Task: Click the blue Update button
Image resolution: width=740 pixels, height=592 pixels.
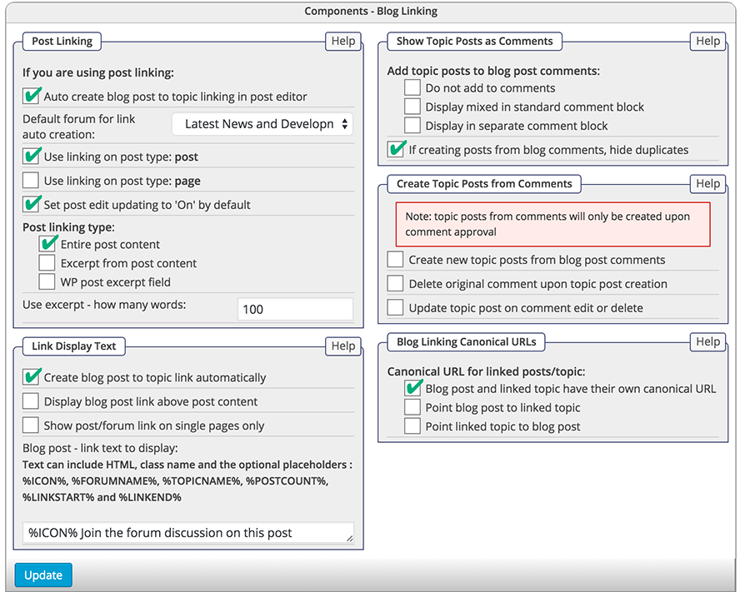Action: point(43,575)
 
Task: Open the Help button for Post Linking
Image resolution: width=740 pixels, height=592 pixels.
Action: point(343,41)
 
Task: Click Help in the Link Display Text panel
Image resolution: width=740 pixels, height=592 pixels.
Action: point(343,346)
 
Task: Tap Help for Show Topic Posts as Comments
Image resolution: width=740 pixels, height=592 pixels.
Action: point(707,41)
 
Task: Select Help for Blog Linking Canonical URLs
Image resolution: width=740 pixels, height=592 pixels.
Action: point(707,341)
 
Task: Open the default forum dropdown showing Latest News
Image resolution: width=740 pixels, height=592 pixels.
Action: point(262,124)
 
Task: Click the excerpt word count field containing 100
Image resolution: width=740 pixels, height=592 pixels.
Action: point(295,309)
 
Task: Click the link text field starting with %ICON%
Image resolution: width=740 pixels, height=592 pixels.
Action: point(187,533)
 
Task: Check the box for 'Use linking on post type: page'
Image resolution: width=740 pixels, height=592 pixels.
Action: point(31,180)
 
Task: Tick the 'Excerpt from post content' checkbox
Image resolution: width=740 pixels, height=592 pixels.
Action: point(47,263)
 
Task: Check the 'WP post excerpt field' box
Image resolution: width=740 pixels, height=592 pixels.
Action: point(47,282)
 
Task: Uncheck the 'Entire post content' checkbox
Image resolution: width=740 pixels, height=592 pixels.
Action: point(47,244)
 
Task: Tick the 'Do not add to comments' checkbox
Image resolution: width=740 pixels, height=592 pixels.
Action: point(412,87)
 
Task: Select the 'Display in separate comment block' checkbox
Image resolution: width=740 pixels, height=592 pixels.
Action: point(412,126)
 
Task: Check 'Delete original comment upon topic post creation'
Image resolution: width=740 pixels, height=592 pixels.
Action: point(396,284)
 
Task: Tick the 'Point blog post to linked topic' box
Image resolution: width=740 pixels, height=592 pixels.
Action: point(412,407)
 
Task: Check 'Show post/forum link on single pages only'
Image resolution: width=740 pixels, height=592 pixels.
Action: point(31,425)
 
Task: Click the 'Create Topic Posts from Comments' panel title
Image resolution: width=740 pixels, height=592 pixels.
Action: point(484,184)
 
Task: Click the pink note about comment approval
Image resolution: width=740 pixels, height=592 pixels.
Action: point(552,224)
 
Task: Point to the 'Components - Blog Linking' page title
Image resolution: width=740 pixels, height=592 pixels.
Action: point(371,11)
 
